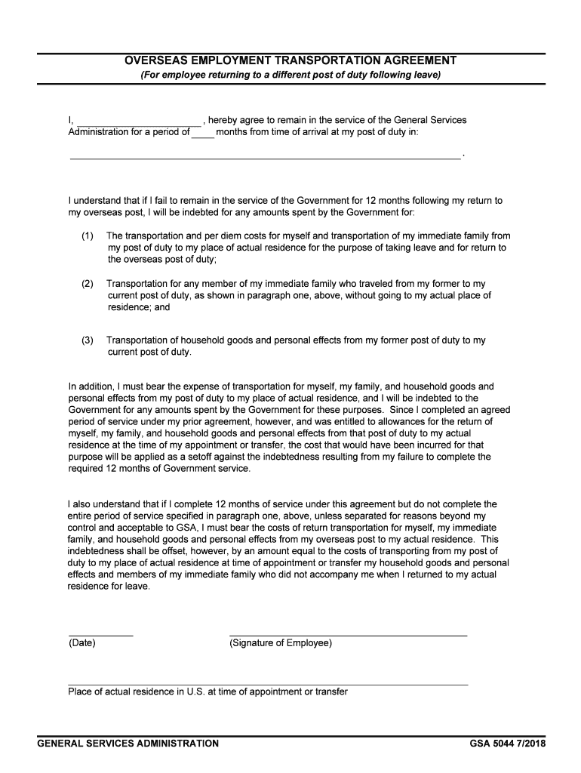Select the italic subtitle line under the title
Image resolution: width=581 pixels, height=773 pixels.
click(290, 75)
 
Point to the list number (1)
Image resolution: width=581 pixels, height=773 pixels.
click(88, 236)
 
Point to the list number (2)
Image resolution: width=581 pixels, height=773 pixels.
click(88, 284)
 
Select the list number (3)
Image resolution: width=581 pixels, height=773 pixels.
click(88, 340)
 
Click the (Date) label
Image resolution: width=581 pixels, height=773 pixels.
click(81, 643)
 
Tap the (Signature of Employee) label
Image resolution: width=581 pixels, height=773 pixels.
click(280, 643)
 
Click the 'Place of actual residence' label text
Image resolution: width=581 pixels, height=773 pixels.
click(207, 691)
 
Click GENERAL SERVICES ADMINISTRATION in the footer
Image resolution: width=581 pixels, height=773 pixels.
click(128, 744)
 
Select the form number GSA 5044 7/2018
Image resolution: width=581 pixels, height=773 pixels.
click(507, 744)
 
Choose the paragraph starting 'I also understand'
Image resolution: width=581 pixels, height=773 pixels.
click(287, 546)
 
